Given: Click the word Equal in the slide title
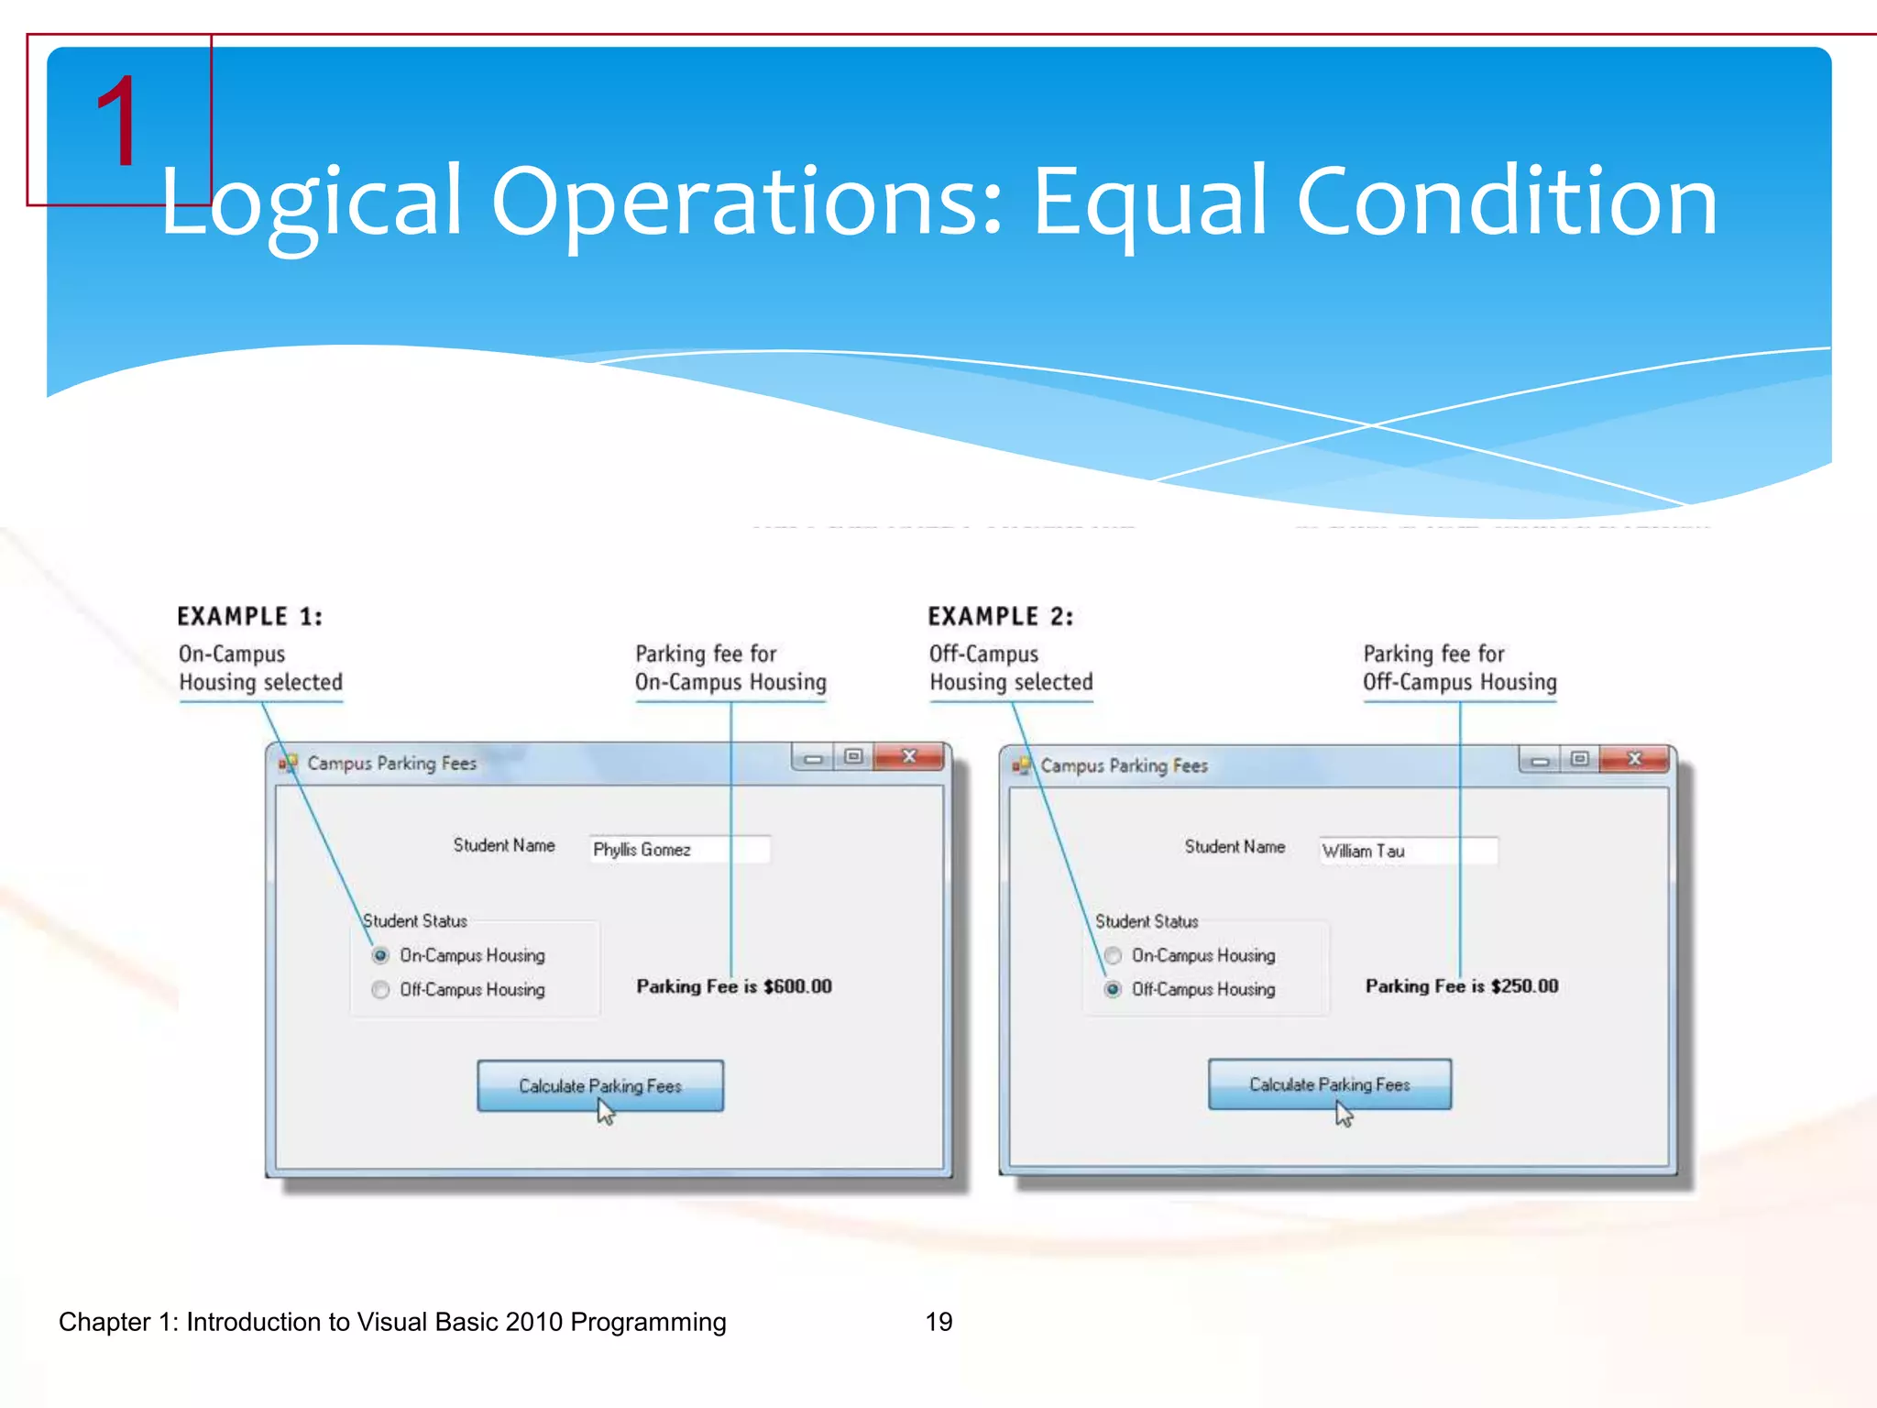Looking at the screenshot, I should pos(1149,201).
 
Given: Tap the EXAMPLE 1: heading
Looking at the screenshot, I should pos(249,617).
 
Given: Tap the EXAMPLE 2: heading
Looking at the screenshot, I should pos(1000,617).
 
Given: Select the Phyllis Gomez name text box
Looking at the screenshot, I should pos(679,850).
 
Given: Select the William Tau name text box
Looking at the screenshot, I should pos(1408,851).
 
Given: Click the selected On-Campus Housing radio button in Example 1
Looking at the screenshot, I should pos(380,955).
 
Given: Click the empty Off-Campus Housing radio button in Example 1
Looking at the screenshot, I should pos(380,990).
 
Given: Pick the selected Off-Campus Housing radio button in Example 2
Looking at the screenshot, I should pos(1113,989).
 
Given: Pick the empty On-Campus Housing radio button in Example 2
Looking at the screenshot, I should pos(1113,955).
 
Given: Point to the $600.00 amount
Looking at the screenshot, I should pos(797,986).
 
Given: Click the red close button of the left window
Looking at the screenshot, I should pos(908,757).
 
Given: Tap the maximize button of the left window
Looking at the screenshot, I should pos(853,757).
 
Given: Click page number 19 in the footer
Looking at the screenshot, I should pos(938,1322).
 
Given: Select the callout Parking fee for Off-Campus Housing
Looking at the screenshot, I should pos(1459,667).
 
